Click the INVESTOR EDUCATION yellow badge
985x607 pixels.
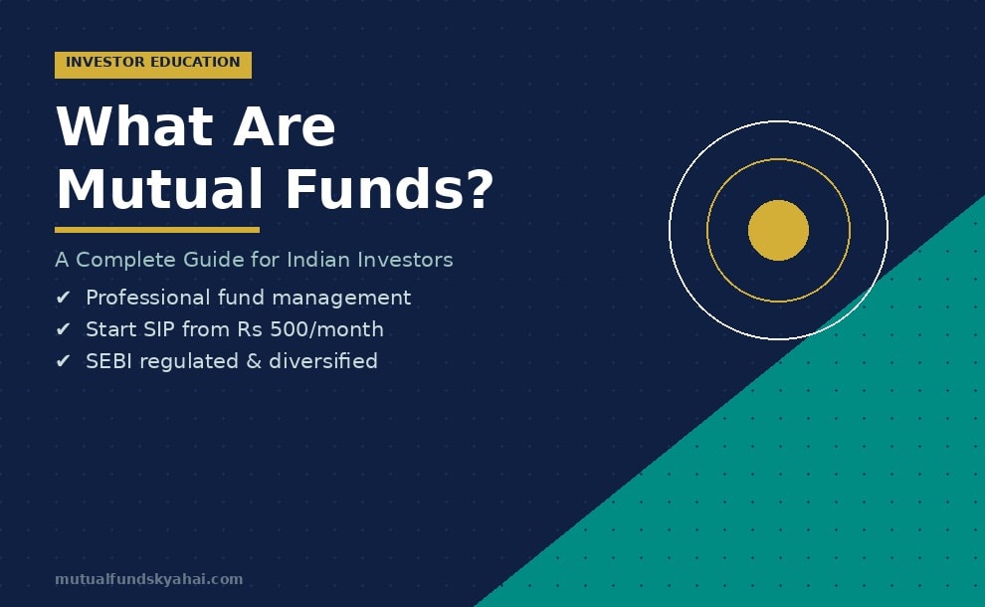click(153, 64)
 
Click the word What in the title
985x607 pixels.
click(134, 127)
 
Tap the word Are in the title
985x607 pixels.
click(285, 127)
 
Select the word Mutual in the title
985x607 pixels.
click(160, 190)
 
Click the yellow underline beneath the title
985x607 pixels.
click(157, 230)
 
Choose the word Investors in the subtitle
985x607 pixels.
click(407, 260)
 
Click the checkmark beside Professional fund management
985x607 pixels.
click(64, 298)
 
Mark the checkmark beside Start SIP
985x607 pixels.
click(64, 329)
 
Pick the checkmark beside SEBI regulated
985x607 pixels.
click(64, 361)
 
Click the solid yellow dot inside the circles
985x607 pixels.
click(778, 231)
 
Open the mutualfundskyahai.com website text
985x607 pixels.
click(149, 579)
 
